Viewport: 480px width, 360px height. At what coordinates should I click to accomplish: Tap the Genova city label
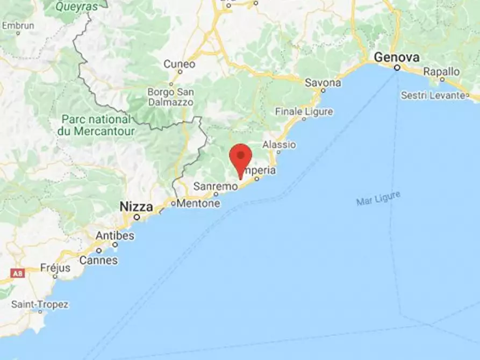397,57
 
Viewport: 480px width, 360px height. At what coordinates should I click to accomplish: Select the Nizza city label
136,206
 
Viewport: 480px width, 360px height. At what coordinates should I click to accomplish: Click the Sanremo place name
215,186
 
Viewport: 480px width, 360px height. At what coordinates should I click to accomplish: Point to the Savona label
323,83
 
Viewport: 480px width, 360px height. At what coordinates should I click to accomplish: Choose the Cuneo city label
180,64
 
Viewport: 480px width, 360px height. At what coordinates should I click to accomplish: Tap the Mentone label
198,204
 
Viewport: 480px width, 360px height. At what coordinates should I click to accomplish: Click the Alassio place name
279,145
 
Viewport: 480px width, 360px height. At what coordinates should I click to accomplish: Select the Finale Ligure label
304,112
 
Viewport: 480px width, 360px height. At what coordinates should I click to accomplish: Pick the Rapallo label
441,71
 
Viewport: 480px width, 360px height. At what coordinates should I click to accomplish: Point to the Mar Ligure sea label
378,198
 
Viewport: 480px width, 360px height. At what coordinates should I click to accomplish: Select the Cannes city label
98,260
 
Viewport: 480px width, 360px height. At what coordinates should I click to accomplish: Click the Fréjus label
56,268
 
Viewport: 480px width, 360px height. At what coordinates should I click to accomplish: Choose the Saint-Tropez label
40,305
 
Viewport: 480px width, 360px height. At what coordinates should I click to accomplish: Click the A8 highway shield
18,273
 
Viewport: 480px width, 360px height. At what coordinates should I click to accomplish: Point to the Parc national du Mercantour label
96,124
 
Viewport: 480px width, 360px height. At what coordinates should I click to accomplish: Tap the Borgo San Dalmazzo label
171,97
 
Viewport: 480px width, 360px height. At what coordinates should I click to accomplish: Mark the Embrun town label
18,25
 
